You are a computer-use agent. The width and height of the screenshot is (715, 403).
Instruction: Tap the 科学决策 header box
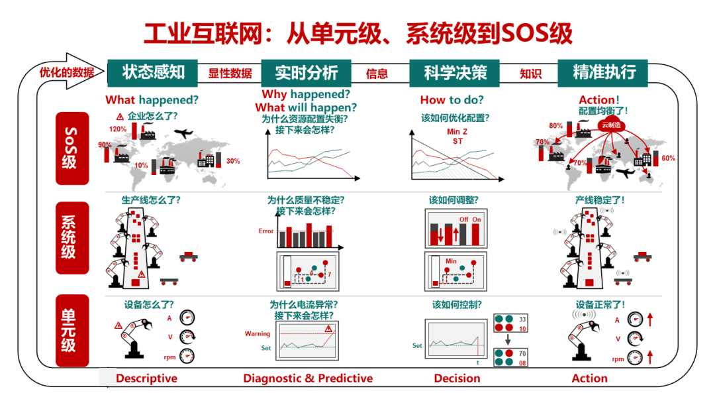[x=455, y=72]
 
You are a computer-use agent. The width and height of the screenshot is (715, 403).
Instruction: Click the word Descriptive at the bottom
[x=146, y=378]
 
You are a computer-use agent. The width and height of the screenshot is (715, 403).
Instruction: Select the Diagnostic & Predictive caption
[x=308, y=378]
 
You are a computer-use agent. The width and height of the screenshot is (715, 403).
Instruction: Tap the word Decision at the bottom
[x=457, y=378]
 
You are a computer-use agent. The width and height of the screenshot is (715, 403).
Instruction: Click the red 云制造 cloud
[x=611, y=125]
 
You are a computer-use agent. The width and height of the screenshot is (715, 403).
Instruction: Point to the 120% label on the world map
[x=118, y=129]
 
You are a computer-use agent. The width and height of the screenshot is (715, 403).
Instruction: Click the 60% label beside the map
[x=668, y=158]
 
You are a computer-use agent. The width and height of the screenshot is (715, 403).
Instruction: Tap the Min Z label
[x=457, y=132]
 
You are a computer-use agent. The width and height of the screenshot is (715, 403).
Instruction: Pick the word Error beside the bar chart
[x=265, y=231]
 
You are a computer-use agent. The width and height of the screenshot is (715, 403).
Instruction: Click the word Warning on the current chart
[x=258, y=334]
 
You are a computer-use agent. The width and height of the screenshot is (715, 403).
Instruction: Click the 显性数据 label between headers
[x=230, y=74]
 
